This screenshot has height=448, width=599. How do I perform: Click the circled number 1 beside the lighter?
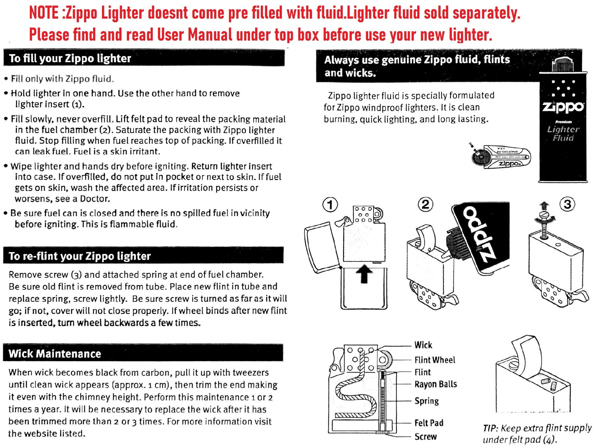click(330, 205)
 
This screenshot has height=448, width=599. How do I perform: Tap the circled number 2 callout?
click(426, 204)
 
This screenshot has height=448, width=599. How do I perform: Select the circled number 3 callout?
click(567, 204)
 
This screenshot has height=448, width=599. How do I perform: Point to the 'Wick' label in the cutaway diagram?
click(423, 345)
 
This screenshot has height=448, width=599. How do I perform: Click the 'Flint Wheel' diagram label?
click(435, 360)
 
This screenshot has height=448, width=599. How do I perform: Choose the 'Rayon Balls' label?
click(436, 384)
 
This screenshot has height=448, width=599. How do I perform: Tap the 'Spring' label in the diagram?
click(427, 401)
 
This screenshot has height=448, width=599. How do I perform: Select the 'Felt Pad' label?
click(429, 423)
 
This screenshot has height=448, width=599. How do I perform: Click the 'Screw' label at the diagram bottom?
click(426, 437)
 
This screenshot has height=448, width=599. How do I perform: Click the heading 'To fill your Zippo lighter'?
click(70, 58)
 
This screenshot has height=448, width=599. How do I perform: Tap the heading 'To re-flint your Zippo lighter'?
click(80, 256)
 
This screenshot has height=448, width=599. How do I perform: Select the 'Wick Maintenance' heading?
click(55, 354)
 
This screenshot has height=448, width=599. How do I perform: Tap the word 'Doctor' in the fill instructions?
click(95, 199)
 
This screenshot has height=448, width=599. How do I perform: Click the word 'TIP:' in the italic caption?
click(490, 428)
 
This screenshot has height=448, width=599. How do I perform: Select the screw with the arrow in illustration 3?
click(544, 224)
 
